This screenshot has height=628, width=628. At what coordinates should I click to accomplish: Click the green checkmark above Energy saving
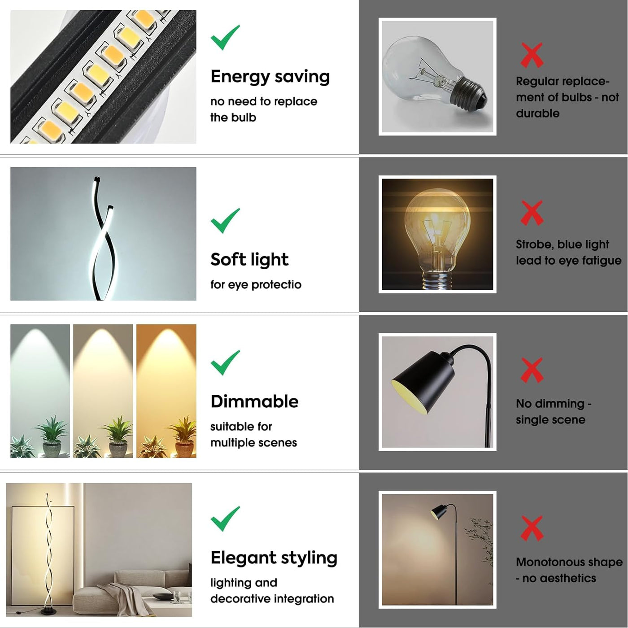click(x=225, y=38)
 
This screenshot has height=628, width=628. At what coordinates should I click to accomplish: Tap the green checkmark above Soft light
click(x=225, y=221)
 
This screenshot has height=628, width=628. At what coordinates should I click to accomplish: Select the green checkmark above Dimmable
click(x=225, y=362)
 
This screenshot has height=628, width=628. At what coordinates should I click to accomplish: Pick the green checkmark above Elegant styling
click(x=225, y=519)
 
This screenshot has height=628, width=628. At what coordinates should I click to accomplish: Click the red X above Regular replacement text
click(x=532, y=55)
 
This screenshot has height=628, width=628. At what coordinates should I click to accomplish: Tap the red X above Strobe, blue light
click(x=532, y=213)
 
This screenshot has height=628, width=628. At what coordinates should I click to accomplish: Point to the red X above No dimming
click(x=532, y=370)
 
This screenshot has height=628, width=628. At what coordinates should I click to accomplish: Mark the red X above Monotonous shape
click(x=532, y=528)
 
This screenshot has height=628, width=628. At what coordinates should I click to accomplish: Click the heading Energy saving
click(x=270, y=77)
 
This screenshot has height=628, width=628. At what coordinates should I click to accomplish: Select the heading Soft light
click(x=249, y=260)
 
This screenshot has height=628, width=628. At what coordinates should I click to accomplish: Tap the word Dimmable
click(x=254, y=401)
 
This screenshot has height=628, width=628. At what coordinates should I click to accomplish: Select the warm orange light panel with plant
click(x=166, y=390)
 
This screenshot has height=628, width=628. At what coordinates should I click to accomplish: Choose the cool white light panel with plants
click(x=40, y=390)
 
